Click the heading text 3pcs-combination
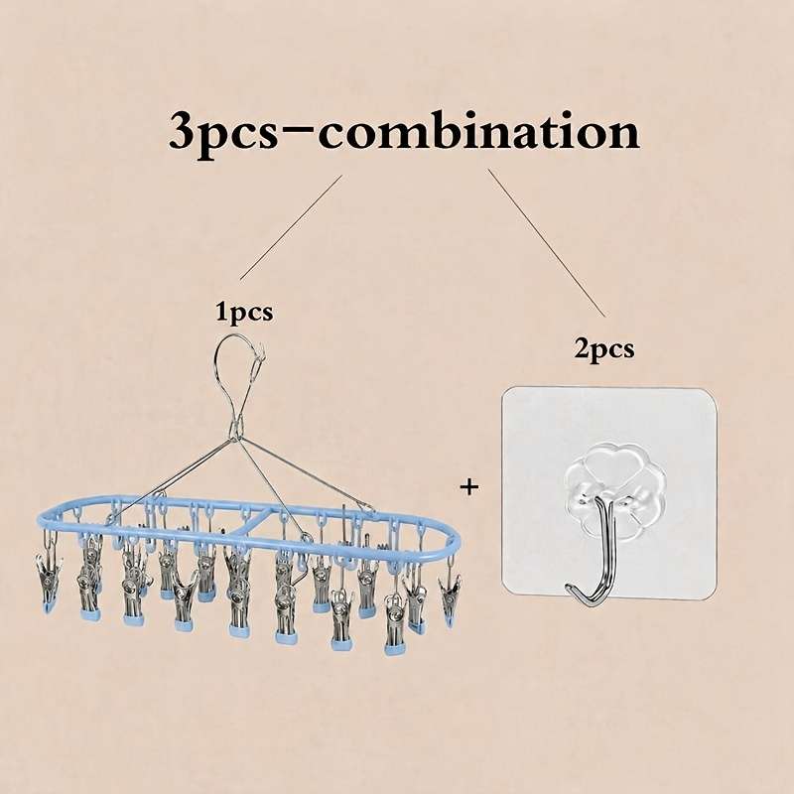pos(404,133)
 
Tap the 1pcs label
pos(244,312)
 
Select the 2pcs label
pos(604,349)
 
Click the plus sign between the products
pos(469,487)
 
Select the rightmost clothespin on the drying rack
pos(450,597)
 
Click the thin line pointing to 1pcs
pos(291,227)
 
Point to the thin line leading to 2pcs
pos(547,242)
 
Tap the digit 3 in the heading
pos(184,133)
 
